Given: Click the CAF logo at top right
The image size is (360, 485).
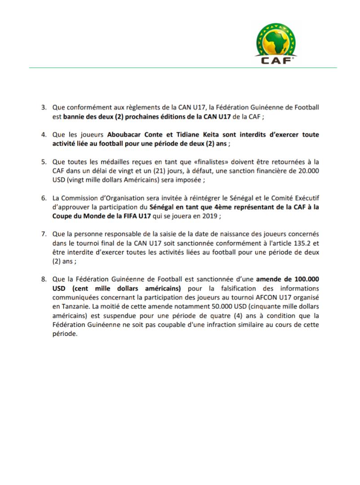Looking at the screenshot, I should pyautogui.click(x=276, y=43).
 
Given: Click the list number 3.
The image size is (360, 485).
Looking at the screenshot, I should pyautogui.click(x=44, y=108).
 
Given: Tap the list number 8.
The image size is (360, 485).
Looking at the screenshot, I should pyautogui.click(x=44, y=279).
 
